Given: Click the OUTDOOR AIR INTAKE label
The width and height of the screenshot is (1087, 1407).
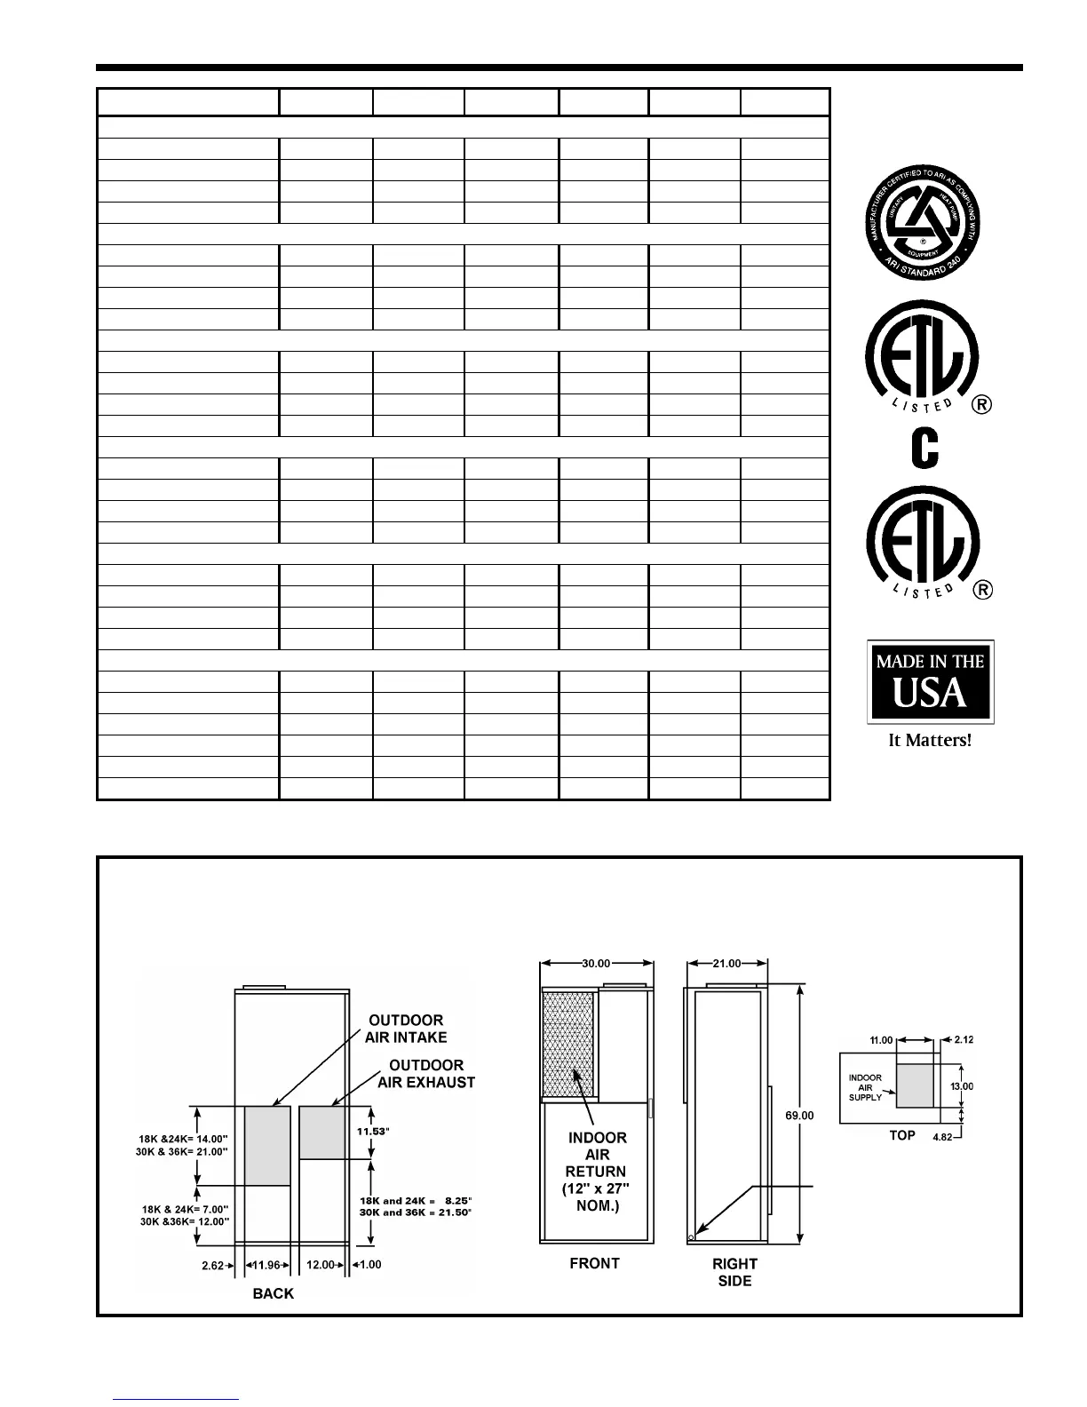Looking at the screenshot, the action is tap(406, 1029).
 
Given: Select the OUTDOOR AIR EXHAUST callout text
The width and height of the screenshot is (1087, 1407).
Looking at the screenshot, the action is tap(426, 1073).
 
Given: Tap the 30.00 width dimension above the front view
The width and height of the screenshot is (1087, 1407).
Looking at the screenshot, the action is tap(595, 963).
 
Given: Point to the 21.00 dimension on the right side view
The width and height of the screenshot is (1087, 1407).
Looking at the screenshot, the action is tap(727, 963).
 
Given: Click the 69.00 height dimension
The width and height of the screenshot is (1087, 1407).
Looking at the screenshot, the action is tap(799, 1115).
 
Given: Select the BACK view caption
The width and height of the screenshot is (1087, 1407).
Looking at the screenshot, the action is tap(273, 1293).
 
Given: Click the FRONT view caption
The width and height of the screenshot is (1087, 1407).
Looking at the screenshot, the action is tap(594, 1263).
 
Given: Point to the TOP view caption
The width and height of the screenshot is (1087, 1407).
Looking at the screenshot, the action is tap(902, 1135).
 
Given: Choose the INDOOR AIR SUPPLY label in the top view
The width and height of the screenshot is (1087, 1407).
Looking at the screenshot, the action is tap(866, 1087).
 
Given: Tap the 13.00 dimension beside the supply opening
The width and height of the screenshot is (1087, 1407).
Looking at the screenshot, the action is tap(962, 1085).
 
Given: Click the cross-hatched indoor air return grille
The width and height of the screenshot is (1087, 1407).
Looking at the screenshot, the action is tap(569, 1044).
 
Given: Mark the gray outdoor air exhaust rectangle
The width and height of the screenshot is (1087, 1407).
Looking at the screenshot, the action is tap(322, 1133).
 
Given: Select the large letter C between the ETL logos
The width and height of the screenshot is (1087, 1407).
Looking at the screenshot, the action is tap(924, 449).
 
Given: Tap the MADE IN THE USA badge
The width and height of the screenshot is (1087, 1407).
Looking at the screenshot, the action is tap(930, 681).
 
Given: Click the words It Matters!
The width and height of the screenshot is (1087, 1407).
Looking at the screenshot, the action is tap(930, 740).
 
